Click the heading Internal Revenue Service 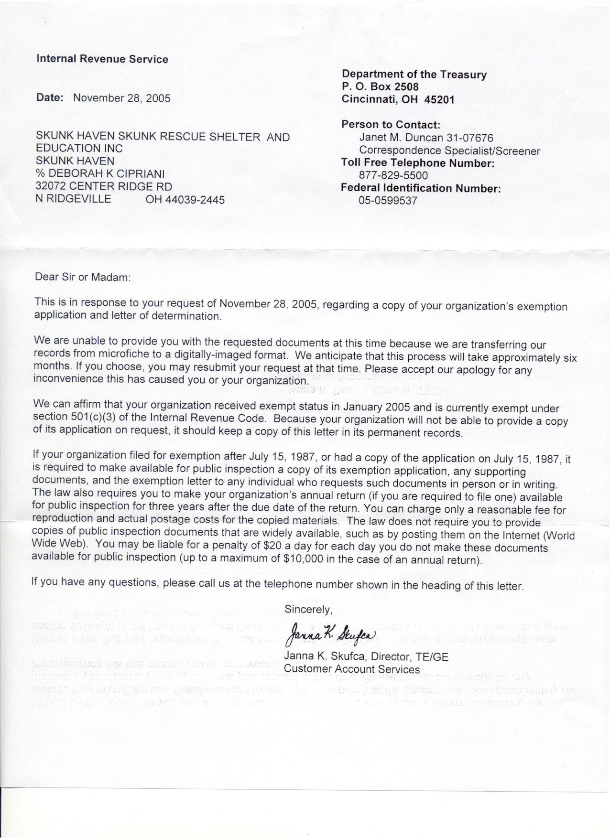click(x=102, y=59)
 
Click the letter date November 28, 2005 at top click(x=121, y=98)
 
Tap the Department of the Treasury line click(x=414, y=75)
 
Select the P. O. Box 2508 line click(x=380, y=87)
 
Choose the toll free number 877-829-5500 click(x=393, y=175)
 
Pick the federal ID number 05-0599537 click(x=388, y=201)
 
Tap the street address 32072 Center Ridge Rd click(x=104, y=186)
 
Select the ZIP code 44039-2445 click(x=185, y=200)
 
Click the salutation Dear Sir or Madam click(x=82, y=277)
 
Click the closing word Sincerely click(x=308, y=609)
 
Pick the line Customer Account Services click(x=351, y=669)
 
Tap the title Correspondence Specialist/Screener click(x=449, y=151)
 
